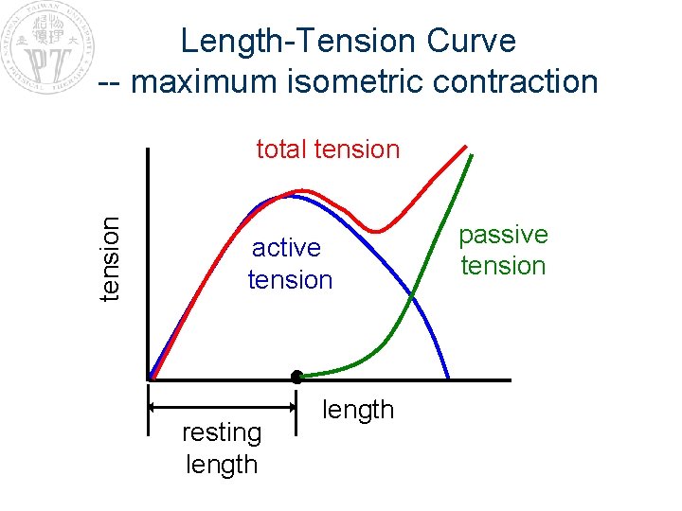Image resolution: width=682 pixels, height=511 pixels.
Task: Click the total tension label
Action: click(328, 150)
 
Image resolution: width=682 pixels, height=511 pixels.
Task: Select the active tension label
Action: click(289, 264)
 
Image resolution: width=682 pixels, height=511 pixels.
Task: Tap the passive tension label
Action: click(503, 250)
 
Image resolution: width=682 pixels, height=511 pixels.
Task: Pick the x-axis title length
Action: click(358, 410)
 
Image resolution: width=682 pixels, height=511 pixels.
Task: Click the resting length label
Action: click(222, 449)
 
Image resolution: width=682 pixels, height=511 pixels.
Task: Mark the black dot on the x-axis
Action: click(296, 377)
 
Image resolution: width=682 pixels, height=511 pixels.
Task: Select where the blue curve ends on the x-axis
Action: click(448, 379)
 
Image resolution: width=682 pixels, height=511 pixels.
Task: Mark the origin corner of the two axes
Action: click(149, 379)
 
